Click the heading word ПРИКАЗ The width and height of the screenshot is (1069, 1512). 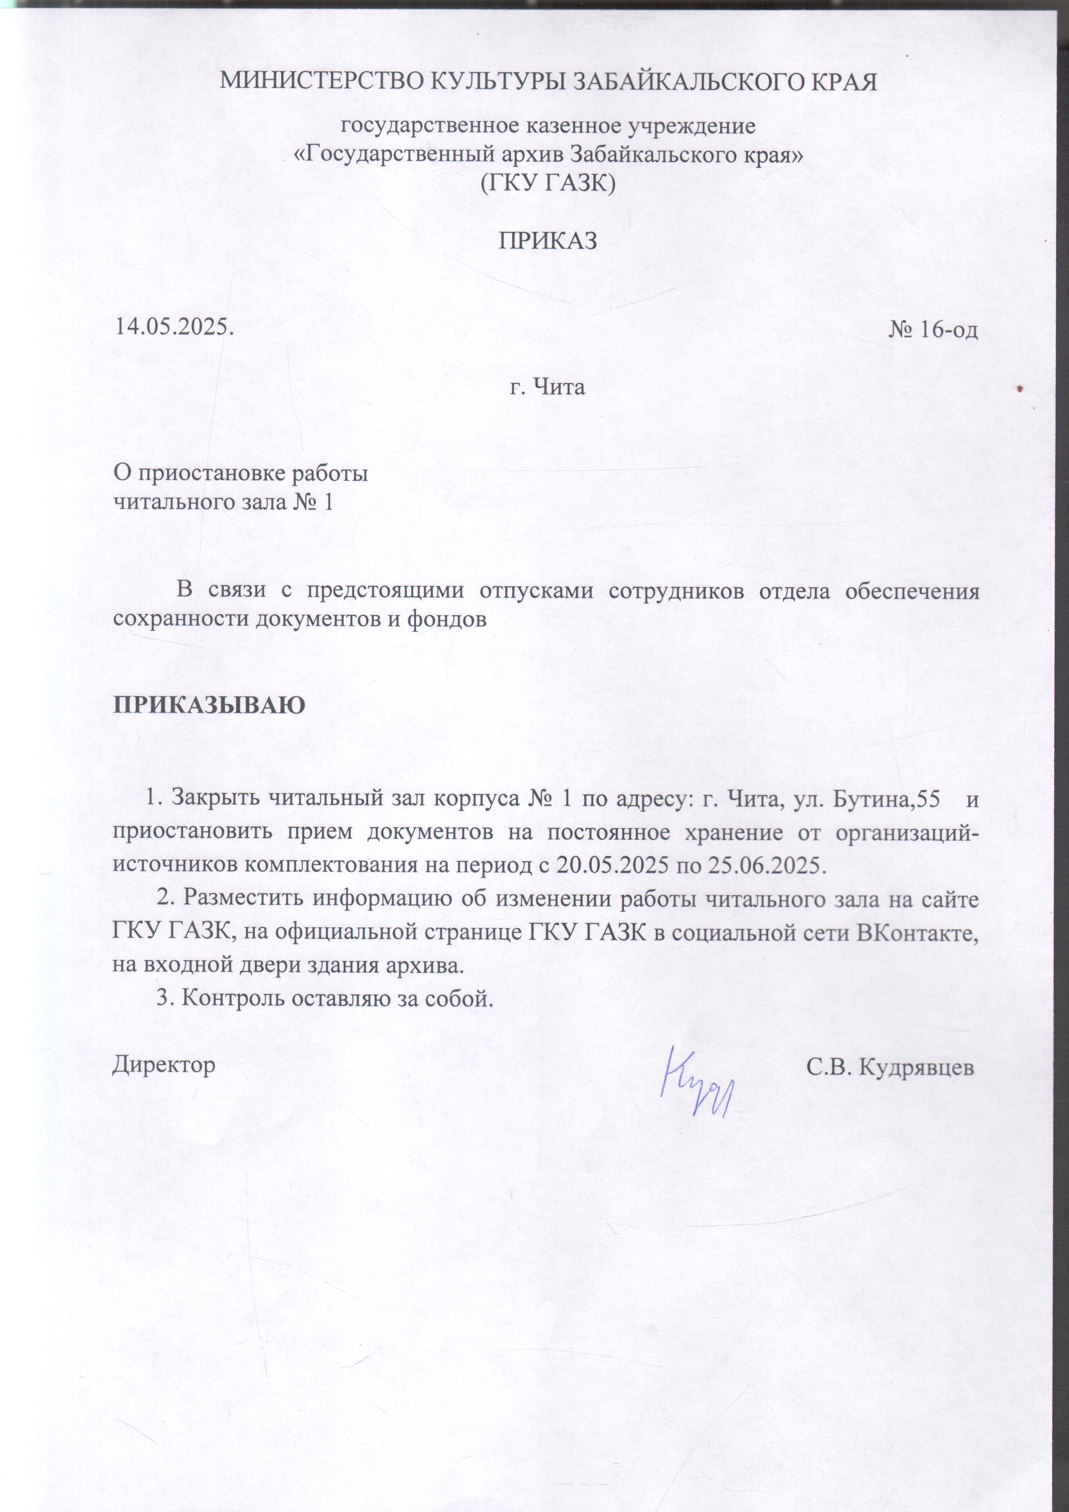pos(547,241)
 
